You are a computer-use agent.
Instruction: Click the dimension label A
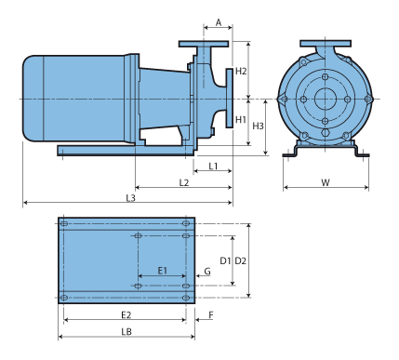click(x=219, y=22)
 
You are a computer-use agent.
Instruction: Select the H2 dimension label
click(x=241, y=71)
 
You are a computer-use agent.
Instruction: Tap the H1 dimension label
click(x=241, y=119)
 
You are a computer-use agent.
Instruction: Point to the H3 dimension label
click(x=258, y=126)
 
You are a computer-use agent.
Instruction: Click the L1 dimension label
click(x=213, y=167)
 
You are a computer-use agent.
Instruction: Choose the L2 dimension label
click(x=184, y=182)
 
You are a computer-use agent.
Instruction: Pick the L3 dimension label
click(x=131, y=198)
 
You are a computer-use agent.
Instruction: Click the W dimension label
click(x=326, y=182)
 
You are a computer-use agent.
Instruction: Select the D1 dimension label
click(x=225, y=260)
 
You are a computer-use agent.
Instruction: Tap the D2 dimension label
click(x=240, y=260)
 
